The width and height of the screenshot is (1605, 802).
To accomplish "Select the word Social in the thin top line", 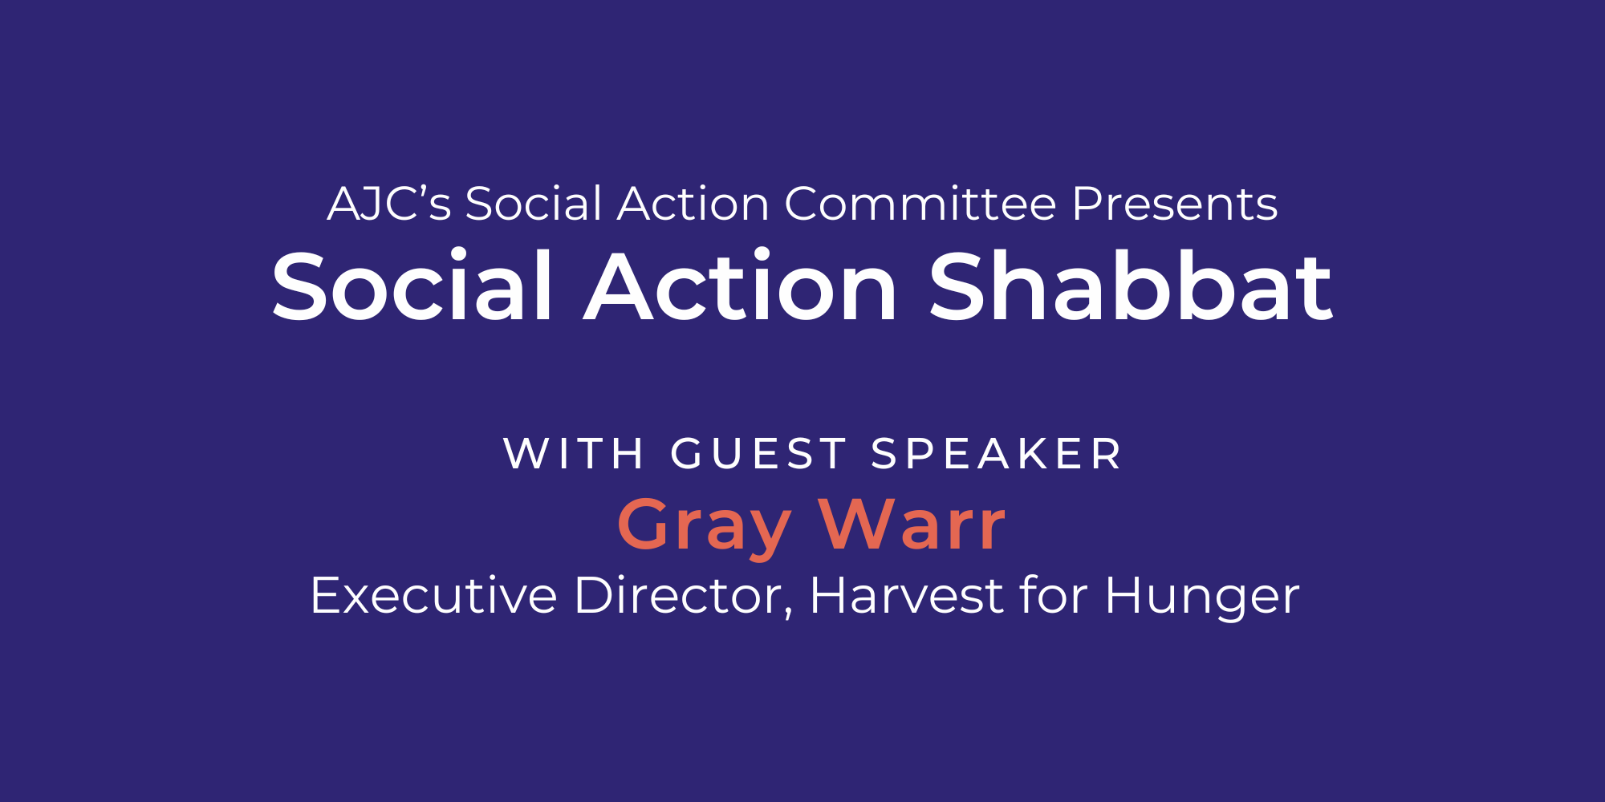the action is (534, 204).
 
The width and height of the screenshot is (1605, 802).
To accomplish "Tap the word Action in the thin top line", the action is (693, 204).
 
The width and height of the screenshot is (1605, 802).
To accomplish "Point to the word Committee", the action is (920, 204).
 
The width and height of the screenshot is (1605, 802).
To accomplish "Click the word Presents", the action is (1174, 204).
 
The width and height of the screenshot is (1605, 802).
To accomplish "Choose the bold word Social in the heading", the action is (412, 286).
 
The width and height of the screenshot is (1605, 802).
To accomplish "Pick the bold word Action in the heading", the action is (741, 286).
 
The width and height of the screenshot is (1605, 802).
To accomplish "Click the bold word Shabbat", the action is (1131, 286).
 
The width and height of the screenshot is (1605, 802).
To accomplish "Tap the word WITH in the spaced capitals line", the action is (574, 454).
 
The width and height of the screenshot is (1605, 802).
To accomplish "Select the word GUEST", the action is (758, 454).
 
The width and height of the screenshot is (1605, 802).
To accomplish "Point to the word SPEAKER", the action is (996, 454).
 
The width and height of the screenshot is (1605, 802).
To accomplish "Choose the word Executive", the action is (433, 596).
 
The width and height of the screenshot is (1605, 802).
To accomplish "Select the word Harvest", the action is (908, 596).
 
